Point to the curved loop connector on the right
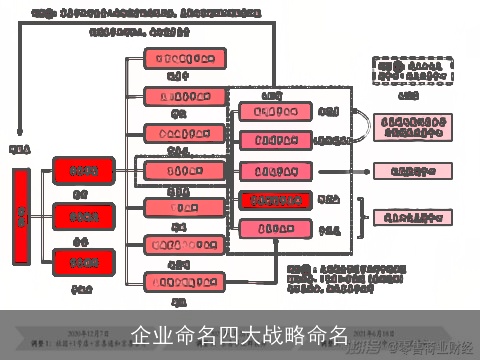point(363,128)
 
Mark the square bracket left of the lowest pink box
point(360,217)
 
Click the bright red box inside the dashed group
point(275,200)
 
